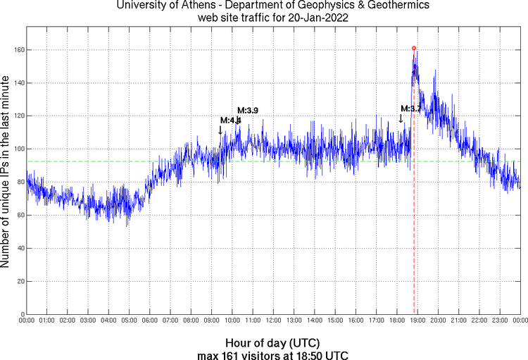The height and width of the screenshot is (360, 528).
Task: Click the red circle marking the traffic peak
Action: coord(414,48)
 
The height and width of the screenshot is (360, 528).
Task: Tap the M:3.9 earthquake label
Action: coord(248,110)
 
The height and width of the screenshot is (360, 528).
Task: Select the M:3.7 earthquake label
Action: coord(411,108)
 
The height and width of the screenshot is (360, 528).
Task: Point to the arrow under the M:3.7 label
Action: coord(401,118)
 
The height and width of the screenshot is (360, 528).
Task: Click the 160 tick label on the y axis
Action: coord(15,50)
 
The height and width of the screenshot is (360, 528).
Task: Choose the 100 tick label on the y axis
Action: coord(15,149)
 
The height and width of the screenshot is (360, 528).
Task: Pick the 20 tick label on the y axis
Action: coord(18,281)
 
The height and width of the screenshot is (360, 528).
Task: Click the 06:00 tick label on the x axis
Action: coord(150,321)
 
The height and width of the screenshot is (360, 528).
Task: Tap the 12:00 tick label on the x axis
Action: coord(273,321)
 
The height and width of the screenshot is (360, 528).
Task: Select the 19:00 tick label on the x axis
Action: coord(417,321)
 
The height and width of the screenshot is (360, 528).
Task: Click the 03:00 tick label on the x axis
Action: coord(88,321)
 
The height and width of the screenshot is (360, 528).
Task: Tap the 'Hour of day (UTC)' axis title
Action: coord(273,343)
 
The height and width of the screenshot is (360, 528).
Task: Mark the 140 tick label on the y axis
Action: coord(15,83)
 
